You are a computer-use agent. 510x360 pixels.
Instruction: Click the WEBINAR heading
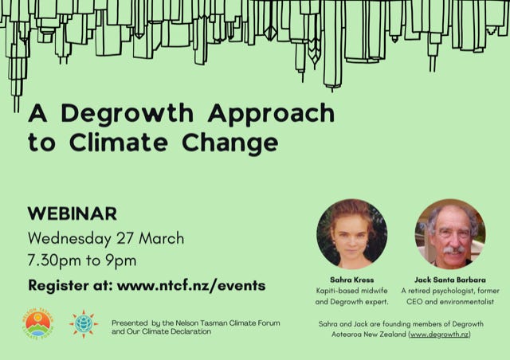(72, 213)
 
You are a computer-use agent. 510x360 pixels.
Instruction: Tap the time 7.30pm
(55, 260)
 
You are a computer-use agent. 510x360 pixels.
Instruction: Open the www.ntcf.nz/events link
(191, 284)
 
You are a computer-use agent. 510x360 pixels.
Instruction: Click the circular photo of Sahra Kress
(351, 233)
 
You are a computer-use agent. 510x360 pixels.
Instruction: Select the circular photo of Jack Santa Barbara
(450, 233)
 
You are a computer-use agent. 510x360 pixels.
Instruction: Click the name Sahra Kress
(351, 280)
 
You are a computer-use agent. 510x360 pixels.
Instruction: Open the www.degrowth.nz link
(439, 335)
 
